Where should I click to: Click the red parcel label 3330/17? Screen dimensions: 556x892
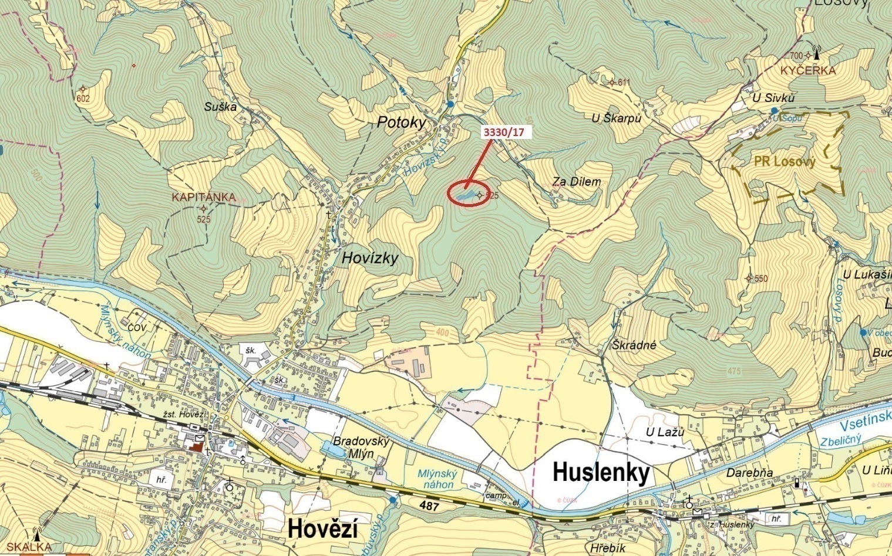coord(503,132)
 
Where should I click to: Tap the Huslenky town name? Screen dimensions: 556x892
coord(601,472)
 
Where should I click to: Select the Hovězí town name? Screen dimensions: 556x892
coord(323,530)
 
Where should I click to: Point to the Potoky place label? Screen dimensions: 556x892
coord(401,122)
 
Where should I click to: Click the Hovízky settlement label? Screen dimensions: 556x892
coord(370,257)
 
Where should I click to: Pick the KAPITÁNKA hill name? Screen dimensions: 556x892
coord(204,197)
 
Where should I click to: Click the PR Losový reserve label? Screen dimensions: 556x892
coord(785,162)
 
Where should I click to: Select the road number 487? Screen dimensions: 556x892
coord(429,506)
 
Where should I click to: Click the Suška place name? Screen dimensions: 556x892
coord(220,106)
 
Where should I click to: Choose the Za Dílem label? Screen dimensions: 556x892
coord(576,182)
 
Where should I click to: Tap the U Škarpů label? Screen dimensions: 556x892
coord(616,118)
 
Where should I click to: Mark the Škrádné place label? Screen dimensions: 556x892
coord(634,345)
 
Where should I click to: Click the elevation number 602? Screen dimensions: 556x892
coord(83,99)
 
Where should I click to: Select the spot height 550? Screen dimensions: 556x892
coord(760,279)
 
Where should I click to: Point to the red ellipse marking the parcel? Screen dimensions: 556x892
coord(468,195)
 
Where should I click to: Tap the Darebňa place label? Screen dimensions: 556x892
coord(749,473)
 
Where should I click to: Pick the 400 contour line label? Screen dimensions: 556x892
coord(442,333)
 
